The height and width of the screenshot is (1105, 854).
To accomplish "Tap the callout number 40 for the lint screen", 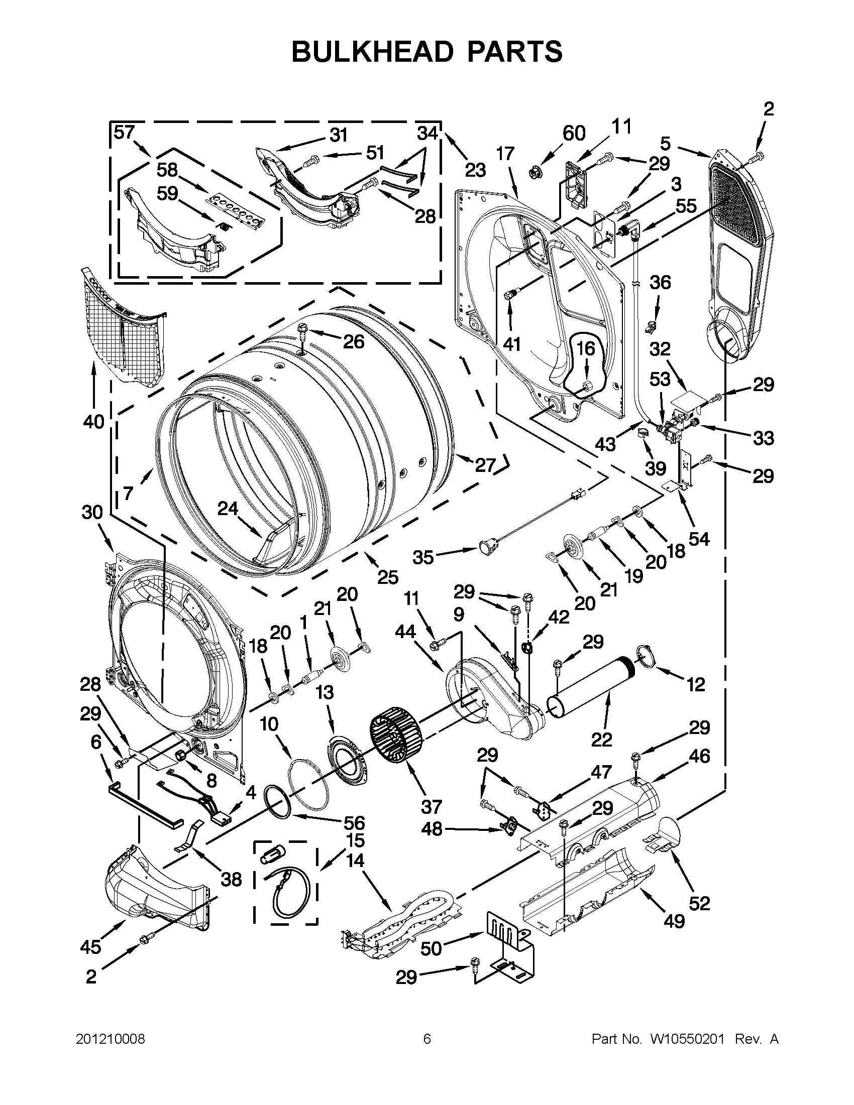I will point(93,421).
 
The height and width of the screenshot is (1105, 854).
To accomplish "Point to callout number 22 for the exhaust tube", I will point(601,740).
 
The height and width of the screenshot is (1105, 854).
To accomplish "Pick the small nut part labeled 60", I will point(533,173).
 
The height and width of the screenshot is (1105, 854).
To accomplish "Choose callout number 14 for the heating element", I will point(355,860).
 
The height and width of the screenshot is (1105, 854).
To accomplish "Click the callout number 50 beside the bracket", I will point(432,949).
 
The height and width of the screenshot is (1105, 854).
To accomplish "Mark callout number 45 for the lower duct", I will point(90,947).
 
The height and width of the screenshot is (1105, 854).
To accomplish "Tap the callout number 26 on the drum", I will point(353,342).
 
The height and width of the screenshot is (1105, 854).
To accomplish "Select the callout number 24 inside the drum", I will point(228,509).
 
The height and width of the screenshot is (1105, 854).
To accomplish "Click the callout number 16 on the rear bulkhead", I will point(586,348).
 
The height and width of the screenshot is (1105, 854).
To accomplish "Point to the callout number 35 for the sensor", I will point(423,557).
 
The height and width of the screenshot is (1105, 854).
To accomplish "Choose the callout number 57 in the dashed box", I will point(124,133).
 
